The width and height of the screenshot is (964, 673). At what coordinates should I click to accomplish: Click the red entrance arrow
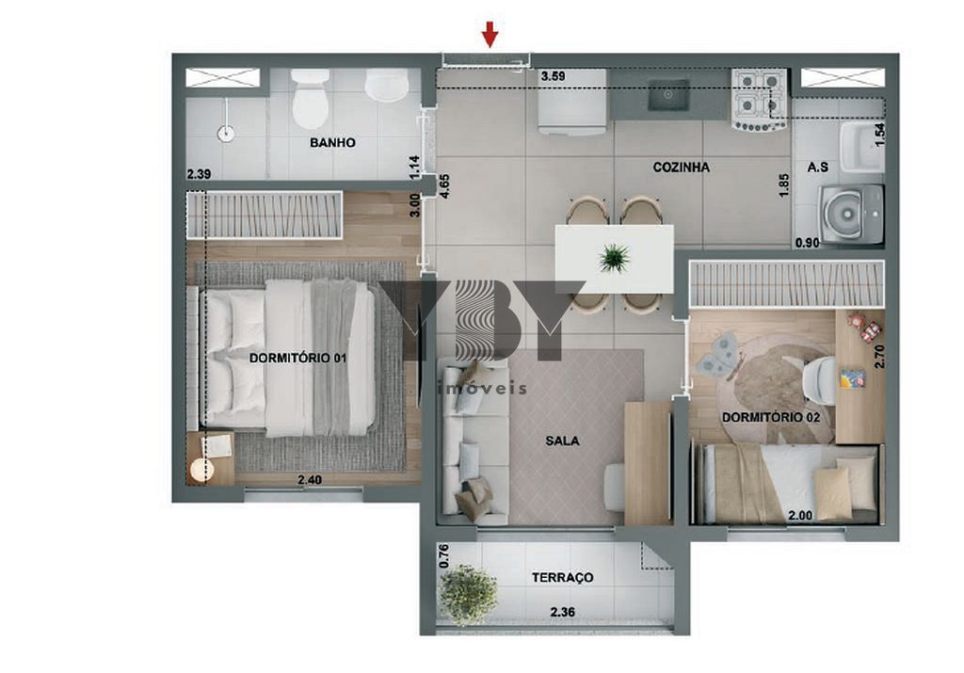point(490,34)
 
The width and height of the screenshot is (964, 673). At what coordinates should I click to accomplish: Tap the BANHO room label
point(332,142)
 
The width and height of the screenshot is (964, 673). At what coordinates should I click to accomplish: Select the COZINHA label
point(682,168)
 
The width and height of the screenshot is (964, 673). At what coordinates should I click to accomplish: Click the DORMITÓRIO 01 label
point(297,358)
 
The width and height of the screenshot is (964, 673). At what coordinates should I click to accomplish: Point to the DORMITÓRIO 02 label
point(771,417)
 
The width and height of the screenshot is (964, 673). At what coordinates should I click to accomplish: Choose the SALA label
point(562,441)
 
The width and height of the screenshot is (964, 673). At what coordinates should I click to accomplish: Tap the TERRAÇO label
point(563,578)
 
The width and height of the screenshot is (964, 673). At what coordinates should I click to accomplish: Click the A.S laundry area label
point(818,168)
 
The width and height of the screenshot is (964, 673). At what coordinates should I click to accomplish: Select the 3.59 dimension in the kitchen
point(553,77)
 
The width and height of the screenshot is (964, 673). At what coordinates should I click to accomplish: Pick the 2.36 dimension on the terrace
point(563,612)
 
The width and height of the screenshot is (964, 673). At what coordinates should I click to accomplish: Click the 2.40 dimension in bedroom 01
point(310,480)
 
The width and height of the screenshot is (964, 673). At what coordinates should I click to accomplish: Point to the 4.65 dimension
point(444,186)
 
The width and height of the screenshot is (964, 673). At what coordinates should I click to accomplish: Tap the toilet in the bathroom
point(310,98)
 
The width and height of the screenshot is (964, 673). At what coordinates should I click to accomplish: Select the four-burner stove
point(759,100)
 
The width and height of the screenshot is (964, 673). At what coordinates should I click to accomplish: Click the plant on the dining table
point(615,258)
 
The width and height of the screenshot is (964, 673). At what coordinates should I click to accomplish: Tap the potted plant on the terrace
point(468,594)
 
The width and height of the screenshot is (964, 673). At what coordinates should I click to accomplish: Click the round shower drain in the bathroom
point(226,133)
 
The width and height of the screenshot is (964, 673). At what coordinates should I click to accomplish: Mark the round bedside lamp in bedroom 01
point(201,471)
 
